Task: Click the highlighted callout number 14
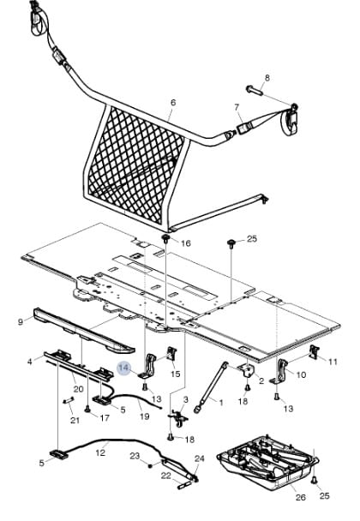pyautogui.click(x=123, y=368)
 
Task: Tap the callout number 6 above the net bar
pyautogui.click(x=173, y=103)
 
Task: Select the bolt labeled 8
pyautogui.click(x=255, y=90)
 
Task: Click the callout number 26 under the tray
pyautogui.click(x=301, y=497)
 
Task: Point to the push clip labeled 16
pyautogui.click(x=165, y=238)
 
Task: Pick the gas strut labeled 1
pyautogui.click(x=211, y=387)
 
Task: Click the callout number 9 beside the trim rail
pyautogui.click(x=21, y=321)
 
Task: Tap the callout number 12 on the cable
pyautogui.click(x=100, y=452)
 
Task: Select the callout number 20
pyautogui.click(x=79, y=388)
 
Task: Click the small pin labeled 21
pyautogui.click(x=68, y=401)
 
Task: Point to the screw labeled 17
pyautogui.click(x=87, y=408)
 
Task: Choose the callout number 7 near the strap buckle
pyautogui.click(x=237, y=107)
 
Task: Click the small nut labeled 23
pyautogui.click(x=150, y=465)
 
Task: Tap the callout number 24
pyautogui.click(x=200, y=458)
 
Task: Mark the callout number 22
pyautogui.click(x=166, y=476)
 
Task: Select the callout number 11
pyautogui.click(x=333, y=362)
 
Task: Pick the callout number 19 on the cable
pyautogui.click(x=144, y=416)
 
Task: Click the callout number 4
pyautogui.click(x=30, y=361)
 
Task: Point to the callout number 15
pyautogui.click(x=176, y=374)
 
